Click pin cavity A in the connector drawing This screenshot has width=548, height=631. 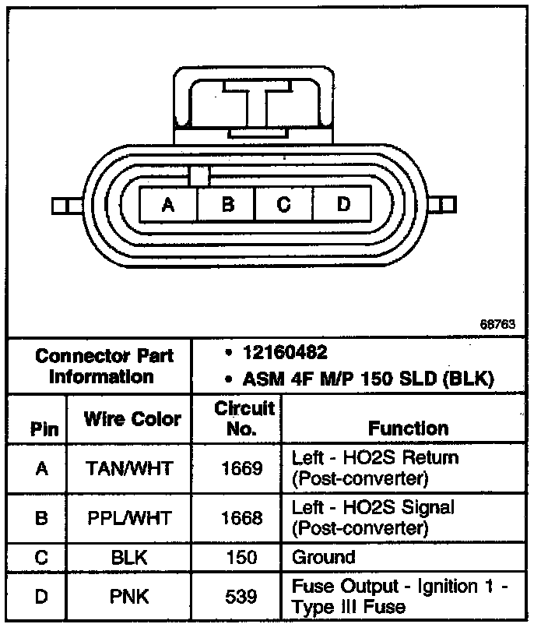(x=168, y=205)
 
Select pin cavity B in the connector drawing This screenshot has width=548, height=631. (x=227, y=205)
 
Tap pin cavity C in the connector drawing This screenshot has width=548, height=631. (x=284, y=205)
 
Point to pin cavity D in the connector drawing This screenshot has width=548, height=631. (x=343, y=205)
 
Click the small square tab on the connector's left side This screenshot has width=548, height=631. (x=60, y=206)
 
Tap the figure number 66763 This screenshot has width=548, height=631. (x=497, y=323)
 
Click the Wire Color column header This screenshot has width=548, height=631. (x=132, y=418)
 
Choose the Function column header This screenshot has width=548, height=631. (x=408, y=428)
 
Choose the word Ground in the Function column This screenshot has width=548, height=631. (x=323, y=558)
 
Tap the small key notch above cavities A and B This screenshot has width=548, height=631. (x=198, y=176)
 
